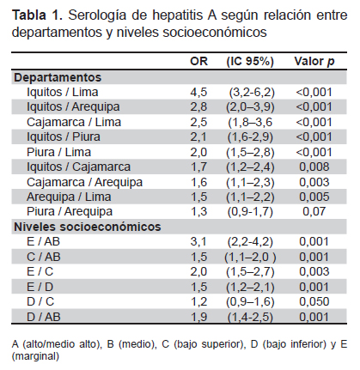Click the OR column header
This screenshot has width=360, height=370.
(198, 61)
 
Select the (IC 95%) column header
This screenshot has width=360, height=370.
(250, 61)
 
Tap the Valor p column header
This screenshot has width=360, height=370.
(314, 62)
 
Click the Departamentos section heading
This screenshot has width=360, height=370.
(58, 77)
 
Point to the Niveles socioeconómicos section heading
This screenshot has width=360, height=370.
(88, 227)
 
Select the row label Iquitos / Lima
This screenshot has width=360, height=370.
(63, 92)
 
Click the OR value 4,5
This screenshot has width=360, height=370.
(198, 93)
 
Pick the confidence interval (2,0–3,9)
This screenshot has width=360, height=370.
(250, 107)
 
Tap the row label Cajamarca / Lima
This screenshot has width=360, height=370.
(74, 122)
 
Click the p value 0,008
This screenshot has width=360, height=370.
(314, 167)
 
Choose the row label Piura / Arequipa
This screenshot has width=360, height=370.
(70, 211)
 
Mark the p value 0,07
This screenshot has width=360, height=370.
(314, 211)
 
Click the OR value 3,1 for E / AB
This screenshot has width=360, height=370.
(198, 242)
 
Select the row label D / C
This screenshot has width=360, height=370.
(40, 301)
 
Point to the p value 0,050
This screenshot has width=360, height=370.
(314, 301)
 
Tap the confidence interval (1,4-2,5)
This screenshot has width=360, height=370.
(250, 317)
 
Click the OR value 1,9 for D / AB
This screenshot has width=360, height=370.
(198, 317)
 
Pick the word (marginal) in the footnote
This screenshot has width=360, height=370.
(35, 356)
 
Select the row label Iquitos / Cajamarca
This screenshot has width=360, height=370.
(78, 167)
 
